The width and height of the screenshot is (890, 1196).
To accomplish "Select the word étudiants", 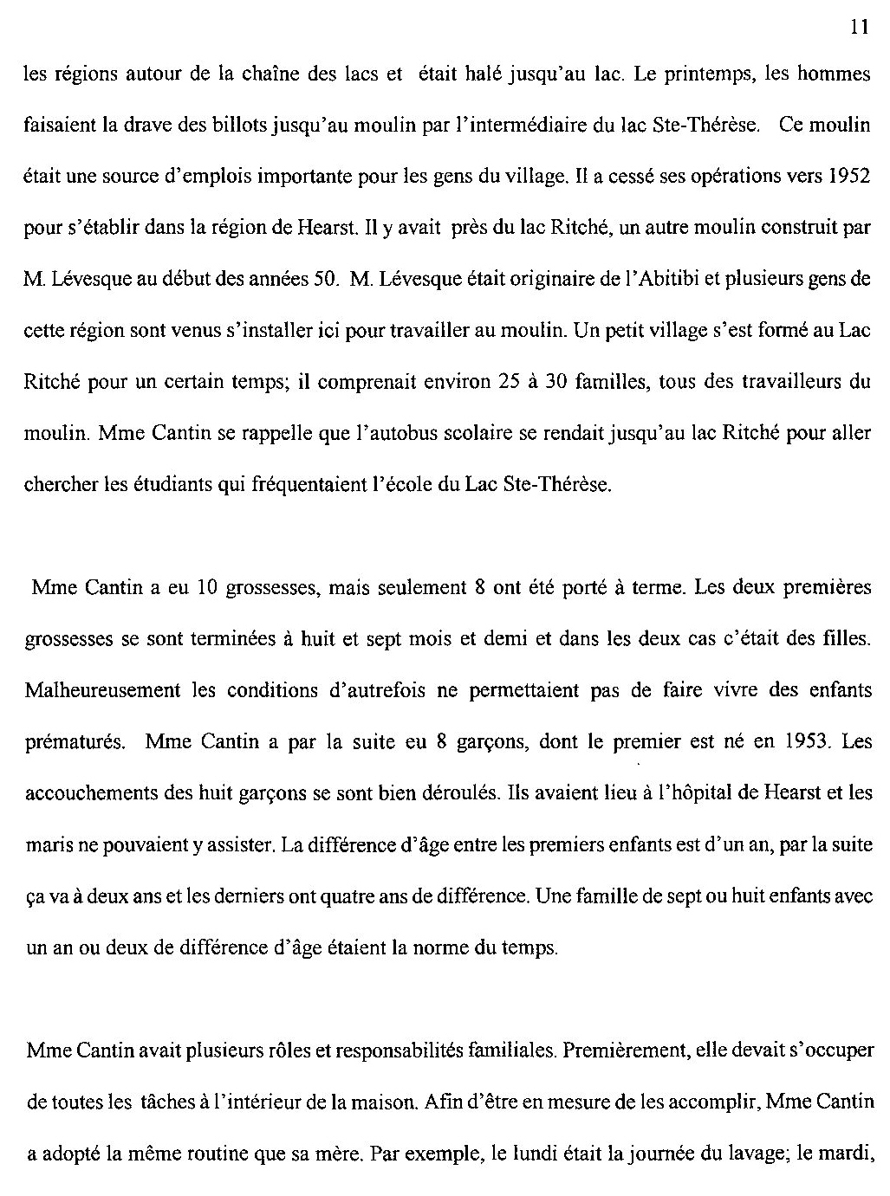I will (x=174, y=485).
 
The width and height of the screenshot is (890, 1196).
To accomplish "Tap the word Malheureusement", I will (x=103, y=690).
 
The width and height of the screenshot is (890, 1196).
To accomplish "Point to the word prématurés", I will (x=76, y=742).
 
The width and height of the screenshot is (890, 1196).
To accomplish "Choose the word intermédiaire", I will (x=565, y=126).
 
